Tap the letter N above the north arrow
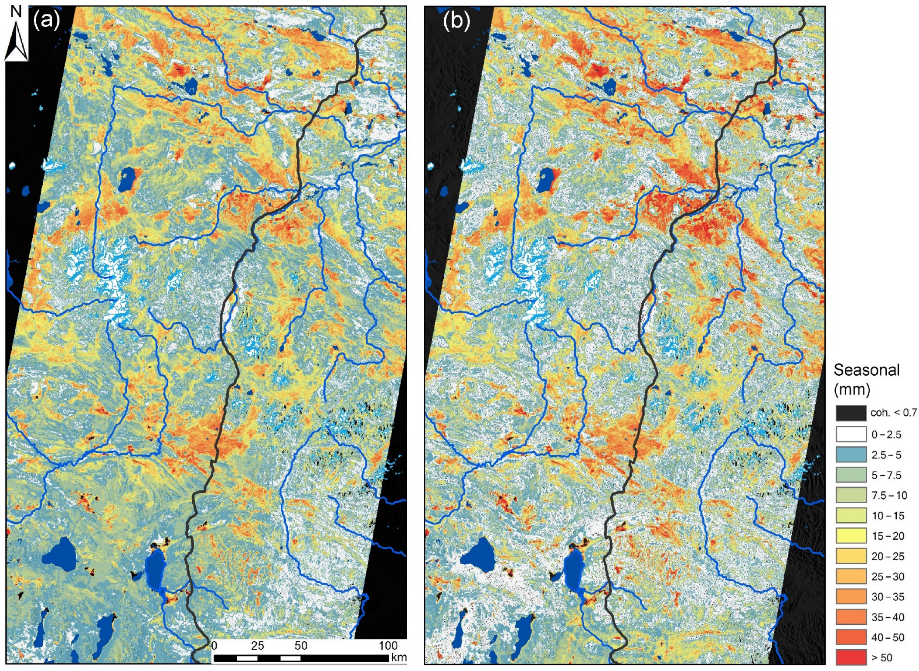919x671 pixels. tap(16, 12)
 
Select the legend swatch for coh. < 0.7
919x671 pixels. tap(851, 413)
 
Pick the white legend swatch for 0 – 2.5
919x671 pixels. tap(851, 435)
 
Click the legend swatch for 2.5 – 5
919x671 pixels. tap(851, 455)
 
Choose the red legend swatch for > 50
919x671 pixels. tap(851, 657)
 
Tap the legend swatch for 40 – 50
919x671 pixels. tap(851, 637)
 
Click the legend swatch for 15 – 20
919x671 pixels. tap(851, 536)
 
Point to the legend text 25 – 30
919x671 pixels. tap(888, 577)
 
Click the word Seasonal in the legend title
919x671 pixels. tap(866, 370)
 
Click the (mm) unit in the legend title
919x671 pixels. tap(851, 389)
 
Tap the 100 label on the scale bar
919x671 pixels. tap(388, 645)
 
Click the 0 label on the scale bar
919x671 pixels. tap(214, 645)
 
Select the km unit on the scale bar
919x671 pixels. tap(398, 657)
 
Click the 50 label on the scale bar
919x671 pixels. tap(301, 645)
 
